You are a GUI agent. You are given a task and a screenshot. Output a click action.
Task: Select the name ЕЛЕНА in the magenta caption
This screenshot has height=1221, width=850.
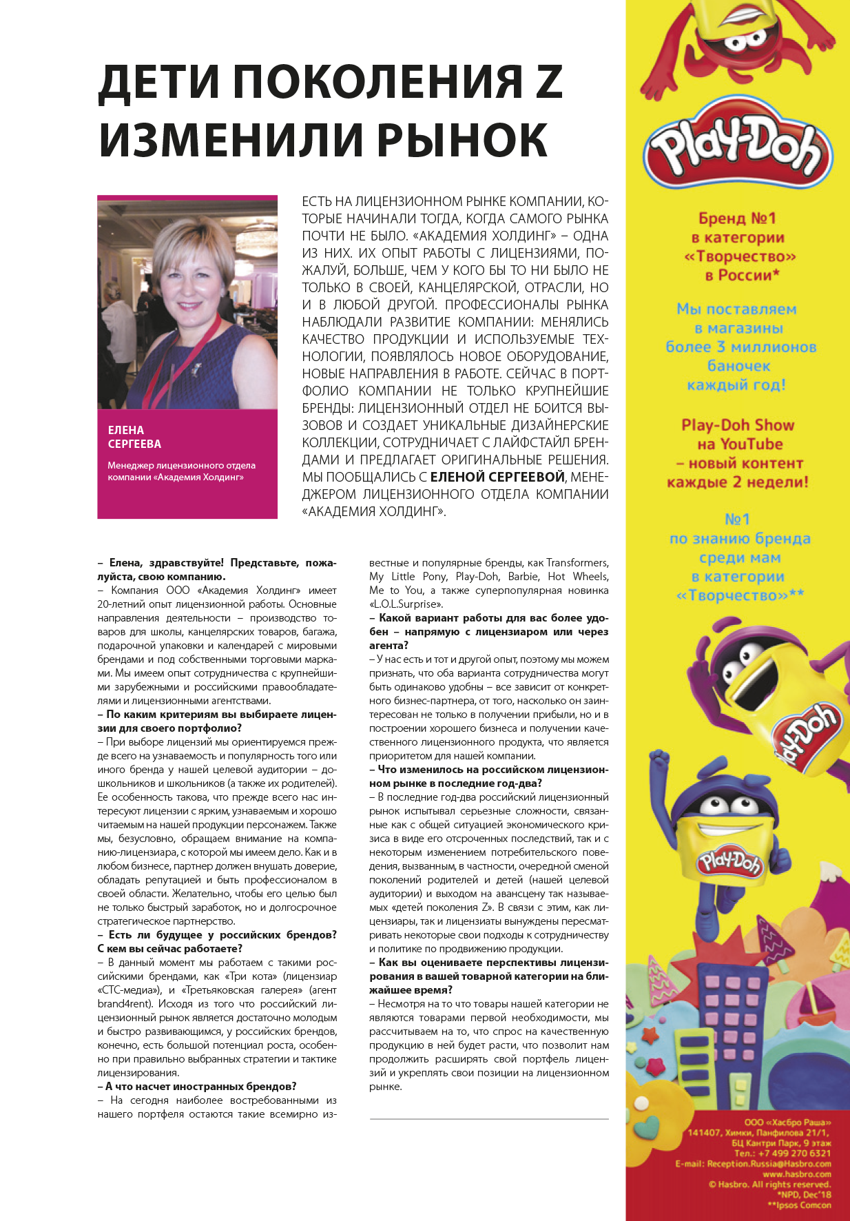pyautogui.click(x=126, y=430)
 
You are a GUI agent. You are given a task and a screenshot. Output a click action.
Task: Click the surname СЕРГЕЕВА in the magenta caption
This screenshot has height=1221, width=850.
pyautogui.click(x=134, y=444)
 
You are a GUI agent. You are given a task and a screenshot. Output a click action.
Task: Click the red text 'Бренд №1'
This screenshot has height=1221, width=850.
pyautogui.click(x=737, y=218)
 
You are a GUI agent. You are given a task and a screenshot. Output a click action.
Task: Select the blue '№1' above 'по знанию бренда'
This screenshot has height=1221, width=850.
pyautogui.click(x=737, y=520)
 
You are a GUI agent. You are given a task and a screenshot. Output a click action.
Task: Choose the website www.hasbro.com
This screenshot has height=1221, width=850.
pyautogui.click(x=796, y=1173)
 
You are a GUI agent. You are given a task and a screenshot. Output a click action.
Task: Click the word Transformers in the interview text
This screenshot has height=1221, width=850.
pyautogui.click(x=577, y=563)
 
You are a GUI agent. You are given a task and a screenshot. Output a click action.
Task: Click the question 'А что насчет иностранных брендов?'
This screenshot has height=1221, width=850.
pyautogui.click(x=197, y=1087)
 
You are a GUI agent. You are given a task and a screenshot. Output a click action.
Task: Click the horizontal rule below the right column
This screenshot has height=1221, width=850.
pyautogui.click(x=489, y=1118)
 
